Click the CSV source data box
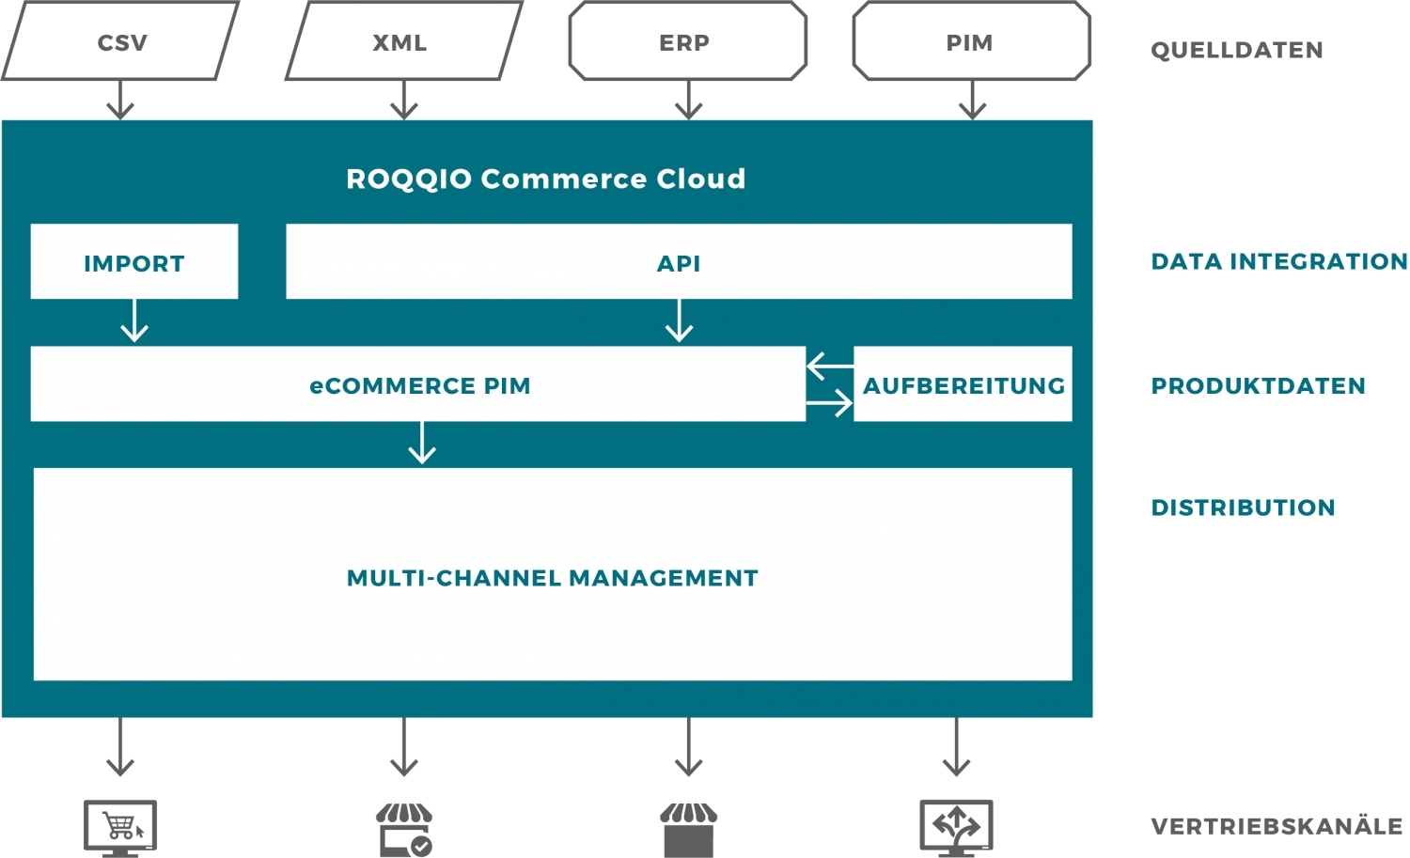(x=121, y=42)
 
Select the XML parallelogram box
(x=402, y=42)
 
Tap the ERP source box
(x=687, y=42)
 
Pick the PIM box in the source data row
(x=971, y=42)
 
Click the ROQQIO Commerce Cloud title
(x=545, y=179)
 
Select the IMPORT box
(x=133, y=262)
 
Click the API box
(x=678, y=262)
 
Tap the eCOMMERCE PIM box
(x=418, y=384)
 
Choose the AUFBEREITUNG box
(x=963, y=384)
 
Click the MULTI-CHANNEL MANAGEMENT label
(x=552, y=577)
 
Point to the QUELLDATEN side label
(x=1236, y=50)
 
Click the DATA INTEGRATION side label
(x=1278, y=261)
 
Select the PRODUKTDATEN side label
(x=1258, y=385)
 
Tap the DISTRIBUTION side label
(x=1243, y=507)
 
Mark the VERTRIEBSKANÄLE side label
(x=1277, y=826)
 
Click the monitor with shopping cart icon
(x=120, y=828)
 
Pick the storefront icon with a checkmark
(x=404, y=829)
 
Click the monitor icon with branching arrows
(x=956, y=828)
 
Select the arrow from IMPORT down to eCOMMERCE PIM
(x=134, y=320)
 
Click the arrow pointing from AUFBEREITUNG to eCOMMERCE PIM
(x=829, y=366)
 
